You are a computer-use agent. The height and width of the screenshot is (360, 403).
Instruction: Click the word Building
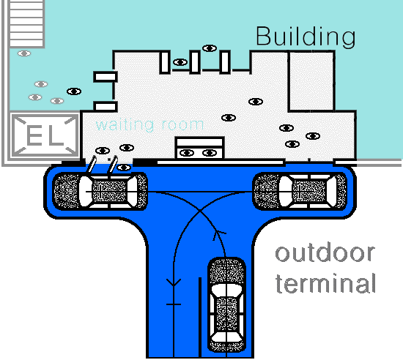306,37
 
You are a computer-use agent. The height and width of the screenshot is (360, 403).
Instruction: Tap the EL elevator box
45,136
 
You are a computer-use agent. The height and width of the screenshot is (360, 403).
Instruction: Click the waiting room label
149,125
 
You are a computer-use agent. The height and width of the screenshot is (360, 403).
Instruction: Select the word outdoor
325,253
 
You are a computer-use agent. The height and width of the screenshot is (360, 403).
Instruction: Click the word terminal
325,283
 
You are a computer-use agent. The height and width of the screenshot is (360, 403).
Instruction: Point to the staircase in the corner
26,24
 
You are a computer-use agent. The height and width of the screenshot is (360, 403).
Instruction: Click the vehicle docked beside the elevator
100,192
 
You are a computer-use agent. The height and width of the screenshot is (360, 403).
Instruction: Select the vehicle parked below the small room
300,192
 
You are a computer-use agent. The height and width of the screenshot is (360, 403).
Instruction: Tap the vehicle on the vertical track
226,305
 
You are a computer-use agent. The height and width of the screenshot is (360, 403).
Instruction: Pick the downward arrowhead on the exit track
174,282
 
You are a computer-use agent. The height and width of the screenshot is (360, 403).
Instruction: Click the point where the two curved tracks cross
200,211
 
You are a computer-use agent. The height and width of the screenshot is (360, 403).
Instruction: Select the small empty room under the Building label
311,81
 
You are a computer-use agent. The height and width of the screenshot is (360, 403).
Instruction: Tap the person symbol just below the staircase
24,53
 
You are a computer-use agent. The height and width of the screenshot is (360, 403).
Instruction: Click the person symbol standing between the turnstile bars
180,62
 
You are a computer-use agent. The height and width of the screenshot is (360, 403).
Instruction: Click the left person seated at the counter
187,153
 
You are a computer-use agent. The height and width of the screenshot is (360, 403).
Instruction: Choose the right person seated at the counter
210,153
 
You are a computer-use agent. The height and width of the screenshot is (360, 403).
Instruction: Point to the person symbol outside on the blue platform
124,168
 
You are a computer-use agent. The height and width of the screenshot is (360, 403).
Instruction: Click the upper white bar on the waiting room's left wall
106,77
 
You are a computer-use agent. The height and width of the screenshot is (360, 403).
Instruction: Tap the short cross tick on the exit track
174,304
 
